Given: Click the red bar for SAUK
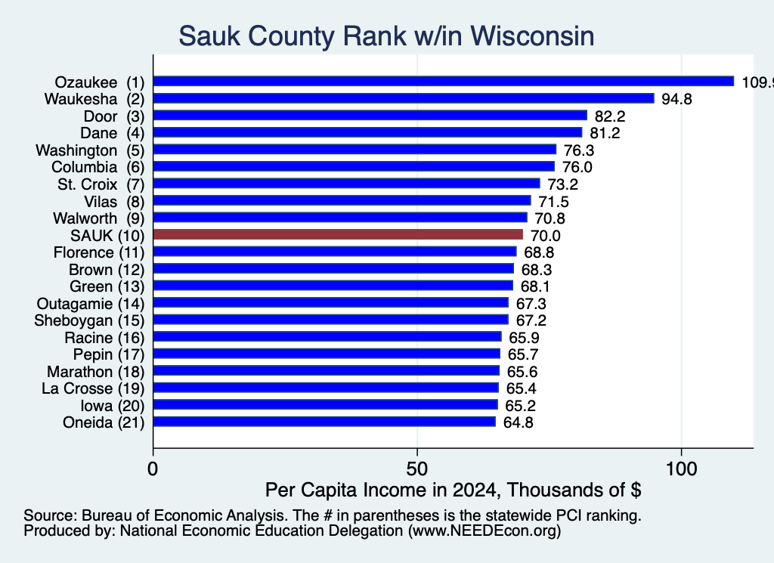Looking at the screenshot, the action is coord(338,234).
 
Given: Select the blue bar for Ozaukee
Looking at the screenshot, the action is coord(444,82).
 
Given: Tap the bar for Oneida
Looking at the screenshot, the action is coord(324,422).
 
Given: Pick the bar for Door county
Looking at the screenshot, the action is coord(370,116).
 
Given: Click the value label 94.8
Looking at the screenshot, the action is coord(676,99).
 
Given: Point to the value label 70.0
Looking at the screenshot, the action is coord(546,236).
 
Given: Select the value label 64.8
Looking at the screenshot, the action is coord(519,423).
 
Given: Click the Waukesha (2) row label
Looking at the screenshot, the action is coord(94,99).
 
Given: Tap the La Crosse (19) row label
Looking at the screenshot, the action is coord(93,389).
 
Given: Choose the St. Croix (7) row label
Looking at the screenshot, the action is coord(101,184).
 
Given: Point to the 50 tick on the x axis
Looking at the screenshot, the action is coord(417,469).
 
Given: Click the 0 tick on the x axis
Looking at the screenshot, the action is coord(153,469).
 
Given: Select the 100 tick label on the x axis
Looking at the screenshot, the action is coord(681,469).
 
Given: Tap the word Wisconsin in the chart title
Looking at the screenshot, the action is coord(532,36).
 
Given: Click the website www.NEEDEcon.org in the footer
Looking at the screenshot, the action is coord(485,531).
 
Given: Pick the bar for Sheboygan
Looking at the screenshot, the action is coord(331,320).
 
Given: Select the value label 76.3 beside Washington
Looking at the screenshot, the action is coord(579,150).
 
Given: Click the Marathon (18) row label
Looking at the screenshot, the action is coord(96,372).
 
